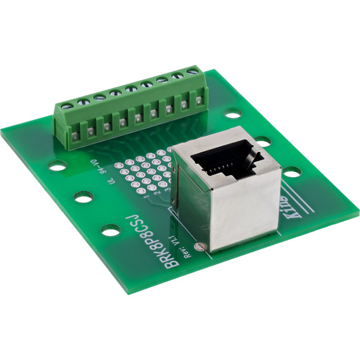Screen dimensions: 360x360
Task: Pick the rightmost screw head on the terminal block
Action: click(x=193, y=71)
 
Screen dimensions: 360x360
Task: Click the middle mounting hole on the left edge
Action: click(x=83, y=196)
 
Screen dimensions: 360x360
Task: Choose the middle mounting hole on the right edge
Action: click(x=264, y=141)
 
